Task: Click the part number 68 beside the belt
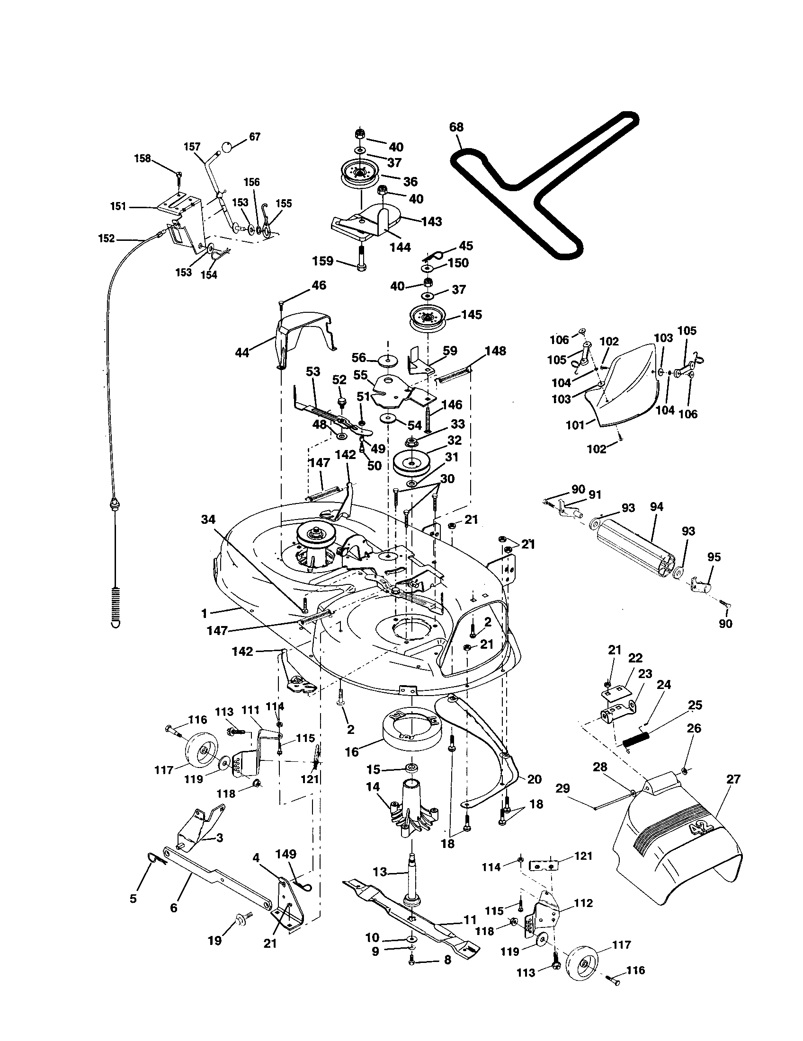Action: coord(456,127)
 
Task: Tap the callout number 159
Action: coord(323,261)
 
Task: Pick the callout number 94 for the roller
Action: coord(656,507)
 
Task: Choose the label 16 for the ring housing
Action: coord(352,752)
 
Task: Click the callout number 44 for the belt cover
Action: coord(242,353)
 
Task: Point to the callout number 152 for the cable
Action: coord(107,238)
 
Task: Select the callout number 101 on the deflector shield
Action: coord(575,424)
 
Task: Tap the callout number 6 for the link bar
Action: coord(174,908)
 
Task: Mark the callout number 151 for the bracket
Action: coord(118,206)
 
